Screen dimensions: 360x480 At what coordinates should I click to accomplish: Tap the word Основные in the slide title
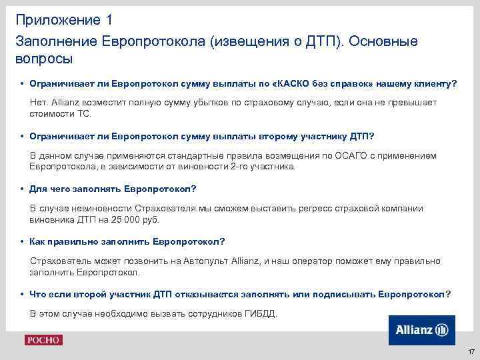coord(385,41)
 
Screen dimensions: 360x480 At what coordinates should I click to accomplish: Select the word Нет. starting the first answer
coord(39,101)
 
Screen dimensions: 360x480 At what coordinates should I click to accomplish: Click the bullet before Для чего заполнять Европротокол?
coord(23,189)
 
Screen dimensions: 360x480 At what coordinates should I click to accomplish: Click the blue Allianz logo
coord(421,330)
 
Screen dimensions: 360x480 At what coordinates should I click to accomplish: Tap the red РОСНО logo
coord(43,340)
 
